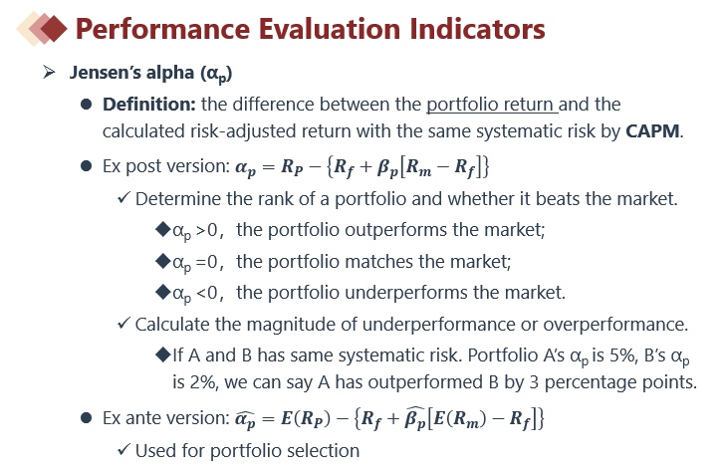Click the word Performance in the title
(162, 29)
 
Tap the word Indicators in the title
(477, 29)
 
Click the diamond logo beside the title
(42, 29)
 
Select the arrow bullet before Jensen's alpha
(49, 73)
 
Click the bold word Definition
(149, 105)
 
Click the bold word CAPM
(652, 131)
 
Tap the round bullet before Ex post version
(87, 166)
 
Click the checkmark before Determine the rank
(124, 198)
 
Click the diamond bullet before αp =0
(163, 261)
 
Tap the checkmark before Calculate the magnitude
(124, 323)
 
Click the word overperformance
(615, 325)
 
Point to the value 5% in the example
(622, 355)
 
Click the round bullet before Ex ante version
(87, 418)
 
